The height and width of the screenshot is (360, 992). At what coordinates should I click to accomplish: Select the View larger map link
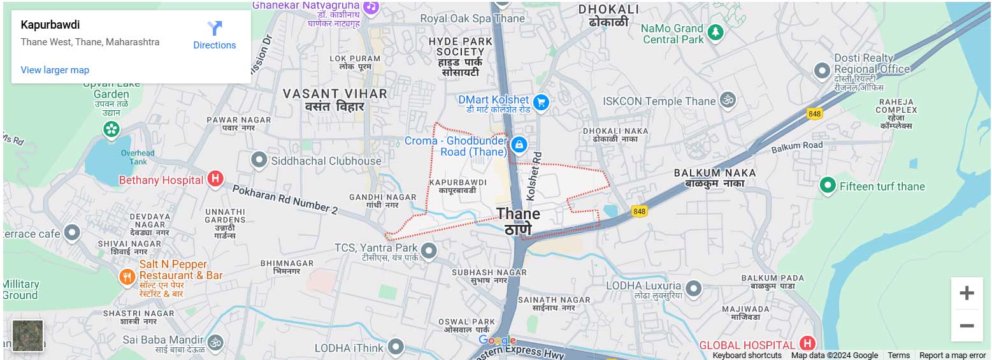click(x=55, y=70)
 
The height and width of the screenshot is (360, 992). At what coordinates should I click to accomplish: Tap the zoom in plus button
click(x=967, y=293)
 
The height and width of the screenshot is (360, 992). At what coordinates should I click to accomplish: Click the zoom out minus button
click(x=967, y=326)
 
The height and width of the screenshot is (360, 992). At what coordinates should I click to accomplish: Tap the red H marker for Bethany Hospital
click(x=215, y=179)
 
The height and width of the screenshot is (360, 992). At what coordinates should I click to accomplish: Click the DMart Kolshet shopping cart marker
click(x=541, y=101)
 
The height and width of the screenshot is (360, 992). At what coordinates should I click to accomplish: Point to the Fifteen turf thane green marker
click(x=828, y=185)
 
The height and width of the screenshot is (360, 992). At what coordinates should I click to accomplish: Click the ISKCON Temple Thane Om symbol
click(x=728, y=100)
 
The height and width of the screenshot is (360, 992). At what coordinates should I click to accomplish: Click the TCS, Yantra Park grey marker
click(x=429, y=250)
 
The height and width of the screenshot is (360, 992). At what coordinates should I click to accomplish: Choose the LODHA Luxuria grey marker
click(x=694, y=288)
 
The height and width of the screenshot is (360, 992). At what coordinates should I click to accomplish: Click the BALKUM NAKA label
click(x=715, y=173)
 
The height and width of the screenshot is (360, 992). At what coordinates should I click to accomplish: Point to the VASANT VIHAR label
click(x=334, y=94)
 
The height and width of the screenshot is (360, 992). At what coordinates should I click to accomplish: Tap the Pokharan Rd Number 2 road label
click(x=285, y=199)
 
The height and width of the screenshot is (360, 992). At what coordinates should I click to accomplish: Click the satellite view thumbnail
click(x=28, y=335)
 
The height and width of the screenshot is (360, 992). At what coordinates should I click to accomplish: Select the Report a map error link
click(x=952, y=356)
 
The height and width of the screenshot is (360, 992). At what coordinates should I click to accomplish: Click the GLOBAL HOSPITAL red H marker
click(x=808, y=343)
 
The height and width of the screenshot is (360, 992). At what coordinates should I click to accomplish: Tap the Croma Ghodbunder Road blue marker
click(x=519, y=145)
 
